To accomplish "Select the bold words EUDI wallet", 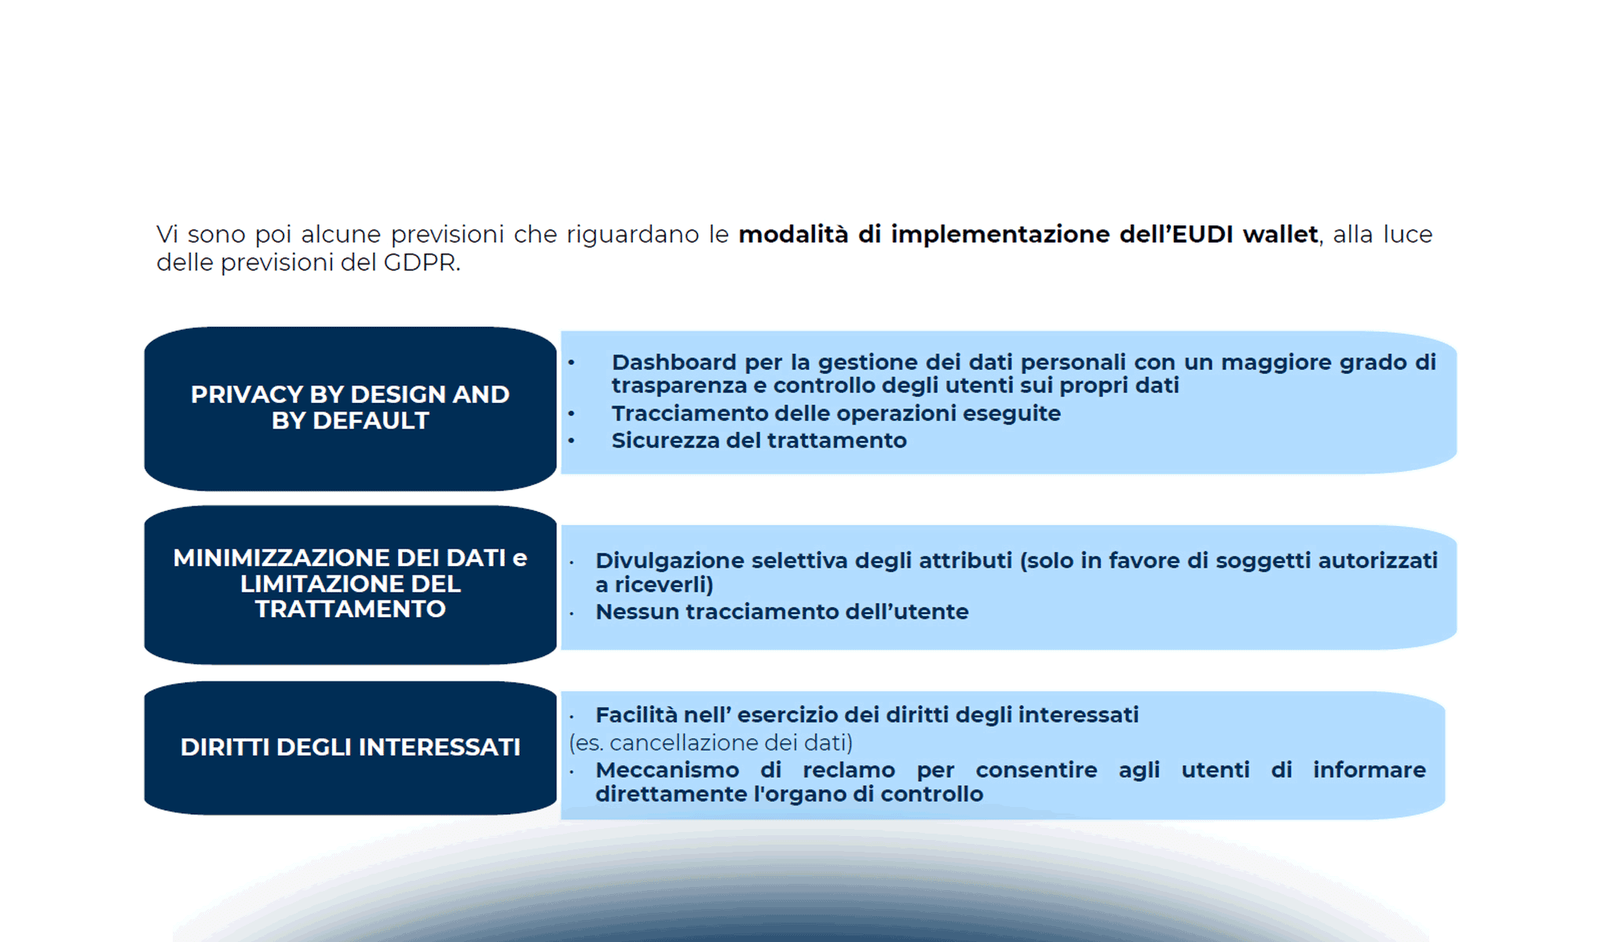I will click(x=1245, y=234).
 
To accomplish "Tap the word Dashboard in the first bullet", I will click(x=674, y=362).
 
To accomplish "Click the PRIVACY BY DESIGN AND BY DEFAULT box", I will click(x=350, y=407).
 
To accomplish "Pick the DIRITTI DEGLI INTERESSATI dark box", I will click(x=350, y=747).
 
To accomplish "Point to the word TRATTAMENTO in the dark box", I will click(x=350, y=609).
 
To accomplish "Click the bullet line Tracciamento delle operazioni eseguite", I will click(x=836, y=413).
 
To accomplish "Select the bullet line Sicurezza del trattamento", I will click(x=759, y=440).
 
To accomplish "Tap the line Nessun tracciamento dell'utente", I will click(x=781, y=612).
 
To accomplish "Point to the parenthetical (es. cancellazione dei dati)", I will click(x=711, y=743).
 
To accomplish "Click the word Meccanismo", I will click(x=667, y=770).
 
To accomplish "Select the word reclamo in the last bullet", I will click(x=848, y=770).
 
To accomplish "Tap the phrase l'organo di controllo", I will click(x=868, y=794).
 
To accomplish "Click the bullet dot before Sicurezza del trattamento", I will click(x=572, y=441).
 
